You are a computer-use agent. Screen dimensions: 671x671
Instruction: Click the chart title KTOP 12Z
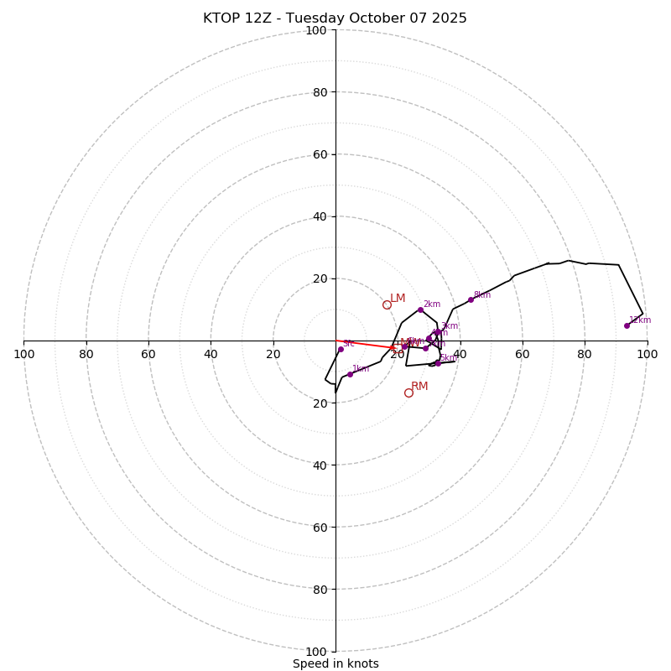[x=335, y=18]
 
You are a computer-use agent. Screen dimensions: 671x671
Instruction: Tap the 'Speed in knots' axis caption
[x=335, y=663]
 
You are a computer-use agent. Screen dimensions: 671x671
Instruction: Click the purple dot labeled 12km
[x=627, y=325]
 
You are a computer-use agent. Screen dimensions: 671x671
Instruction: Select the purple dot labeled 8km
[x=471, y=299]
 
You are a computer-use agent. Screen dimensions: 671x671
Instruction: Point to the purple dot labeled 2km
[x=420, y=309]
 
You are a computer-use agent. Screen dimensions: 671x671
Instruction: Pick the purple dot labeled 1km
[x=350, y=374]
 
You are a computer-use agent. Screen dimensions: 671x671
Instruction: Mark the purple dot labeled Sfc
[x=341, y=349]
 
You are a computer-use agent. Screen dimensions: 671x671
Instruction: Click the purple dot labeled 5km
[x=438, y=363]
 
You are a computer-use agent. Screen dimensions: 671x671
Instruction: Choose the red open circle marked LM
[x=387, y=304]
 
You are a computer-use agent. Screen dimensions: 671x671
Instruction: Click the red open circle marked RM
[x=408, y=393]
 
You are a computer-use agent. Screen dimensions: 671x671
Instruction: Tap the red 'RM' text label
[x=419, y=387]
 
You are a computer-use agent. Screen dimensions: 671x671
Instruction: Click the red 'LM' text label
[x=398, y=299]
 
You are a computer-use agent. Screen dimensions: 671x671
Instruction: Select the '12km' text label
[x=640, y=320]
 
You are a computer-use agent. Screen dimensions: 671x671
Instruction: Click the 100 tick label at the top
[x=316, y=30]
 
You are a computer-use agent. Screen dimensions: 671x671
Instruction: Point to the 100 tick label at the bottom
[x=316, y=652]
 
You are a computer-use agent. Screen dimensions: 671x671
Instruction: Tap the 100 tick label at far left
[x=23, y=354]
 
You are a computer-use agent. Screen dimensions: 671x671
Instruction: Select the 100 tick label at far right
[x=647, y=354]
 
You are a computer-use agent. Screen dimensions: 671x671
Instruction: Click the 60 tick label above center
[x=320, y=154]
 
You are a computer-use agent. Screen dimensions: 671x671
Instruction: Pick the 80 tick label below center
[x=320, y=590]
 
